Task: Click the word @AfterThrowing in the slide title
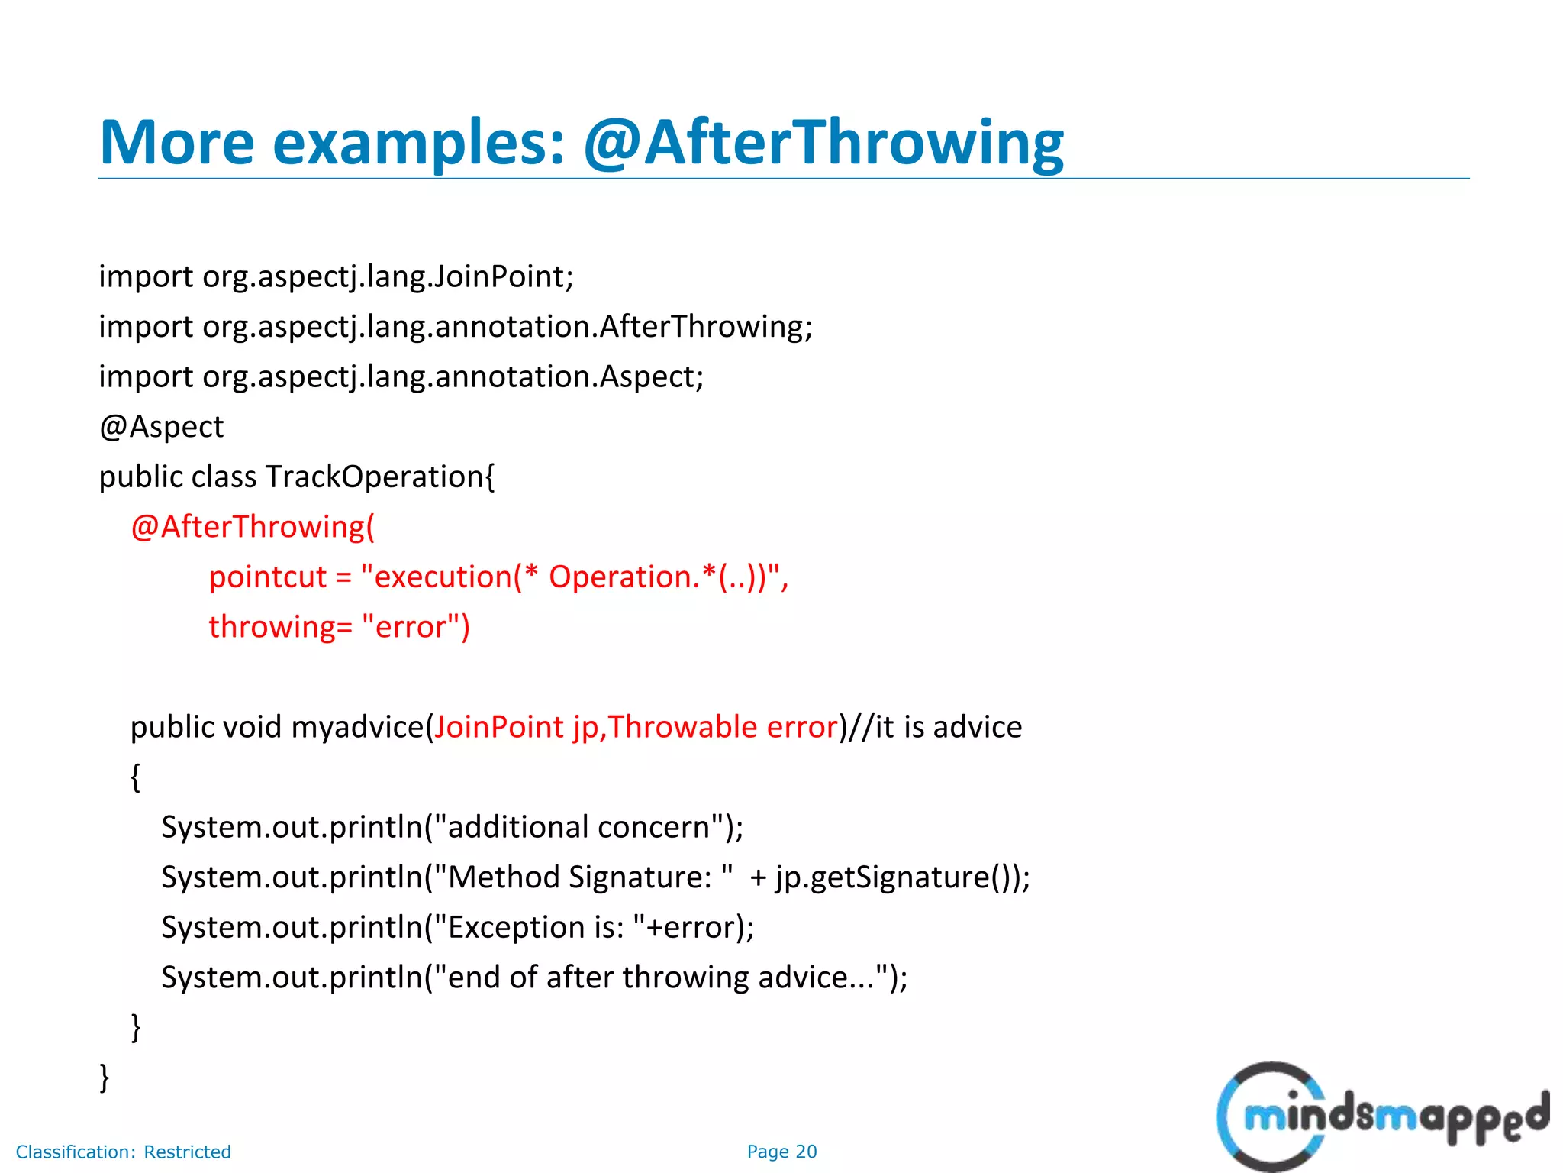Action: [823, 143]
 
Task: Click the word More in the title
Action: [176, 143]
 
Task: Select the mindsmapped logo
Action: [1381, 1116]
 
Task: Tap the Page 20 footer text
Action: [781, 1152]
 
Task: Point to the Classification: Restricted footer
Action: [123, 1152]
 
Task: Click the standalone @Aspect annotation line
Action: [161, 427]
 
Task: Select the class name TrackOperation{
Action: [380, 477]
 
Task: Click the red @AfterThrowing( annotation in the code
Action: [253, 528]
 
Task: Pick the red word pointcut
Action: [267, 577]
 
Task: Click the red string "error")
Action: [416, 627]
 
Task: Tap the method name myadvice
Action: [357, 727]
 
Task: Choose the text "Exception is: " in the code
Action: [539, 927]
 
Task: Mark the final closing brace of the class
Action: [105, 1078]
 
